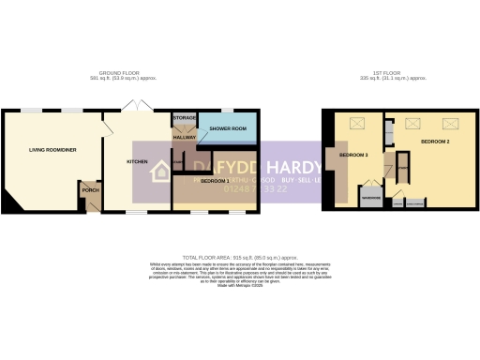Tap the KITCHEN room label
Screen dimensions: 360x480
point(138,161)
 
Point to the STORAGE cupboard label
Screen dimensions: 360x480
point(184,118)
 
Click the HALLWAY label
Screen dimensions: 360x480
point(184,138)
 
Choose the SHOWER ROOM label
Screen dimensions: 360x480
point(228,128)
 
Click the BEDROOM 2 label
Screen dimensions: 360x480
point(435,142)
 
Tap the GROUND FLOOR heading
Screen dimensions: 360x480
point(119,73)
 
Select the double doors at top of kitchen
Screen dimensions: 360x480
point(137,106)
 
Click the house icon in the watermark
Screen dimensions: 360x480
point(161,171)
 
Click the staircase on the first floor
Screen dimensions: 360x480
point(402,169)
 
